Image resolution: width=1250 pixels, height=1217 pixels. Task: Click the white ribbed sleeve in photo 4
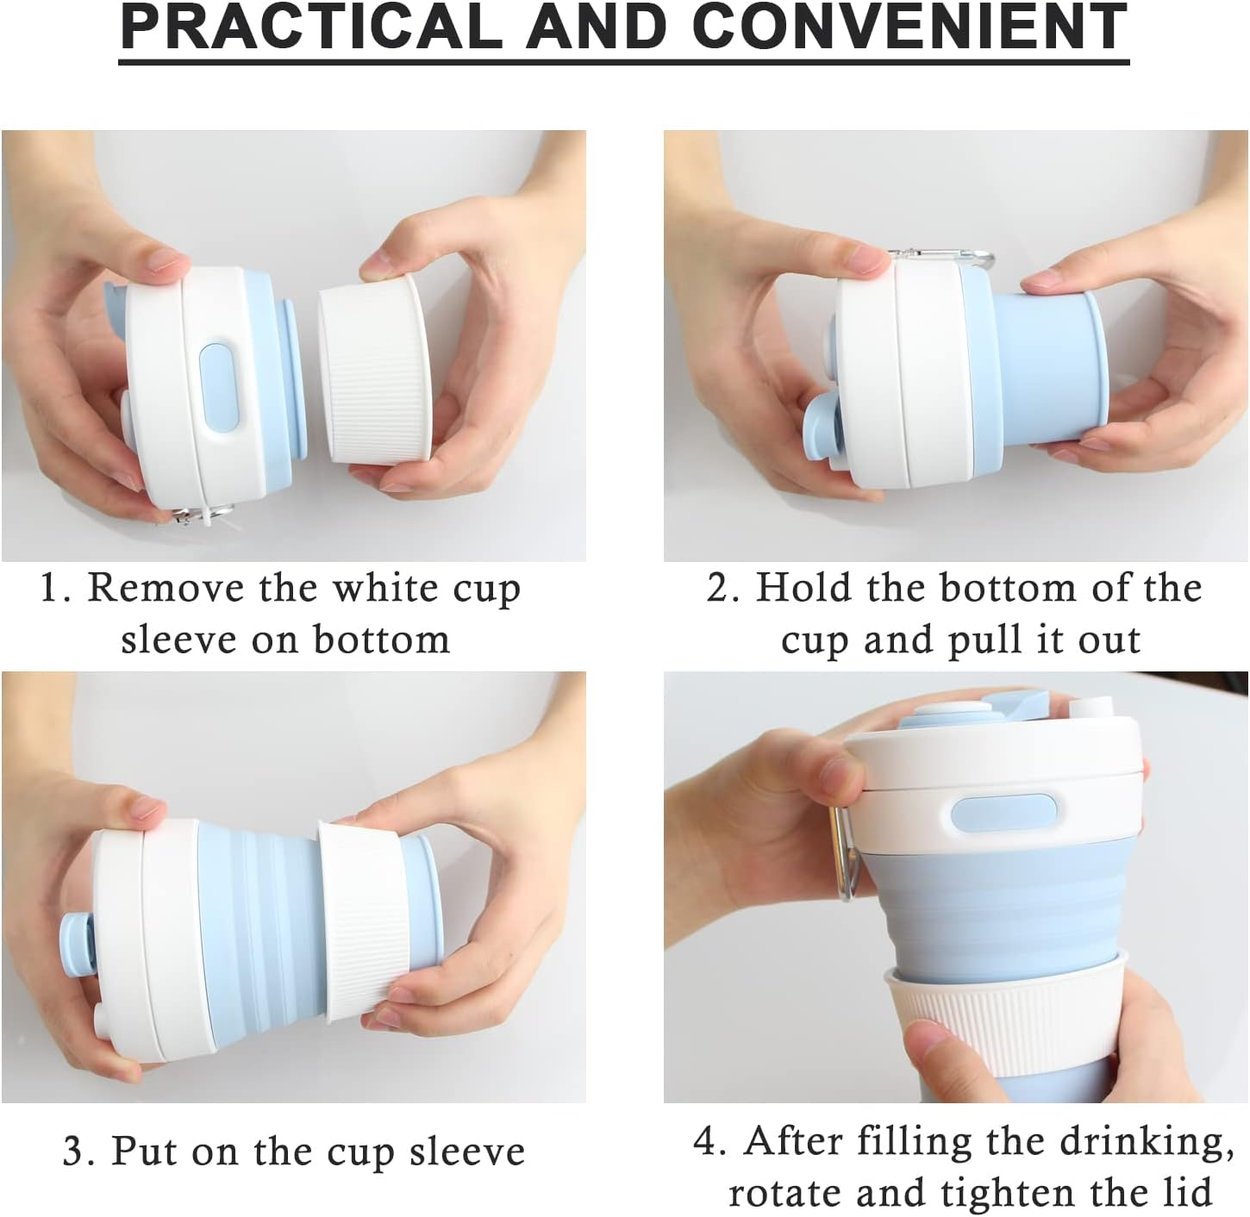1000,1026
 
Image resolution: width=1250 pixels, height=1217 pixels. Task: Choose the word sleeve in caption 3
466,1152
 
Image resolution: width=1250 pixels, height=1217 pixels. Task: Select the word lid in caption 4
1190,1194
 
